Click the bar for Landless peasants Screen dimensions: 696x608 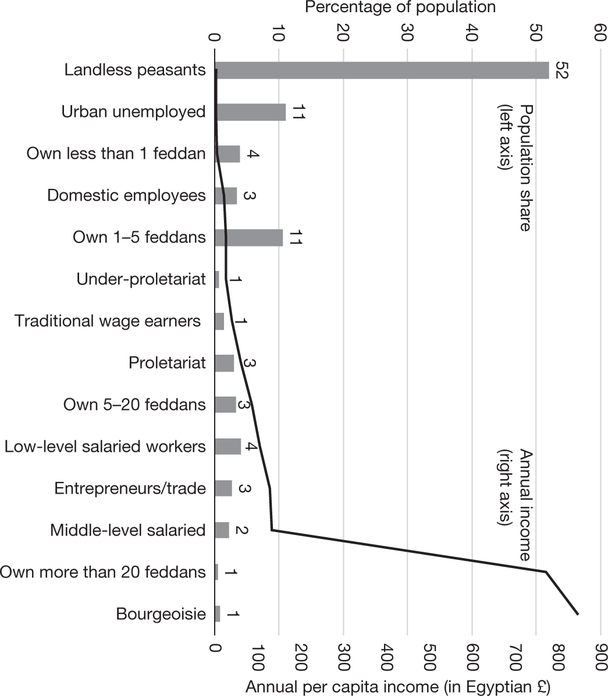coord(382,70)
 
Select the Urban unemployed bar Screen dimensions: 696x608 coord(250,112)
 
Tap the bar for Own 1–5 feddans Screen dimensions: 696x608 coord(248,238)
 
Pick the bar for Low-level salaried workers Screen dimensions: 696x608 coord(227,447)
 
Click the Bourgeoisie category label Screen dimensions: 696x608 coord(161,614)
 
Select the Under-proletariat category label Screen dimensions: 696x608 coord(141,280)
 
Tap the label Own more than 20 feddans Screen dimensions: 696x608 coord(103,572)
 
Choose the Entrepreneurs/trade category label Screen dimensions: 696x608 coord(130,488)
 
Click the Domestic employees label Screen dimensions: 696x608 coord(127,195)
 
